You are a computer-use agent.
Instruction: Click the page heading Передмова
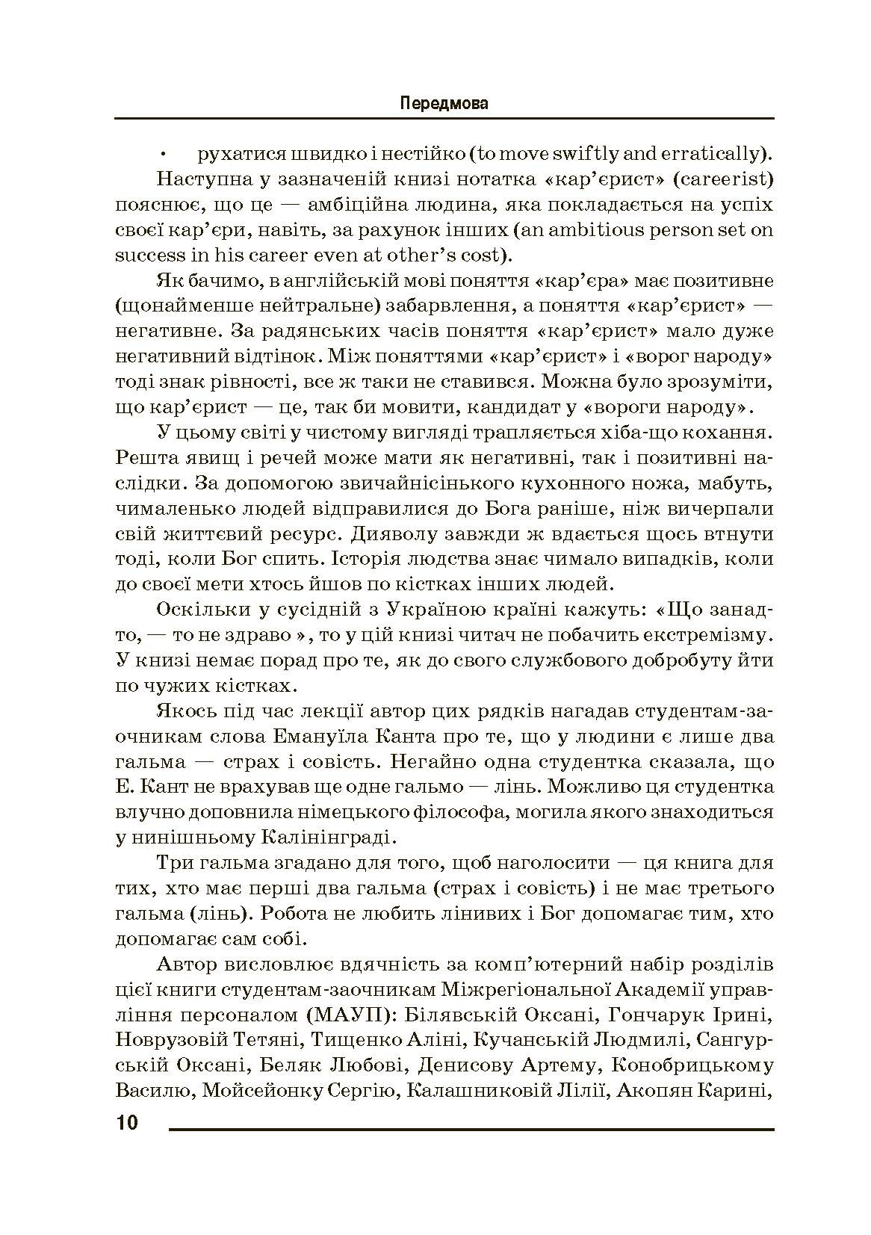(444, 103)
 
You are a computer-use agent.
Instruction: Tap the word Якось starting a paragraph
(182, 711)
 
